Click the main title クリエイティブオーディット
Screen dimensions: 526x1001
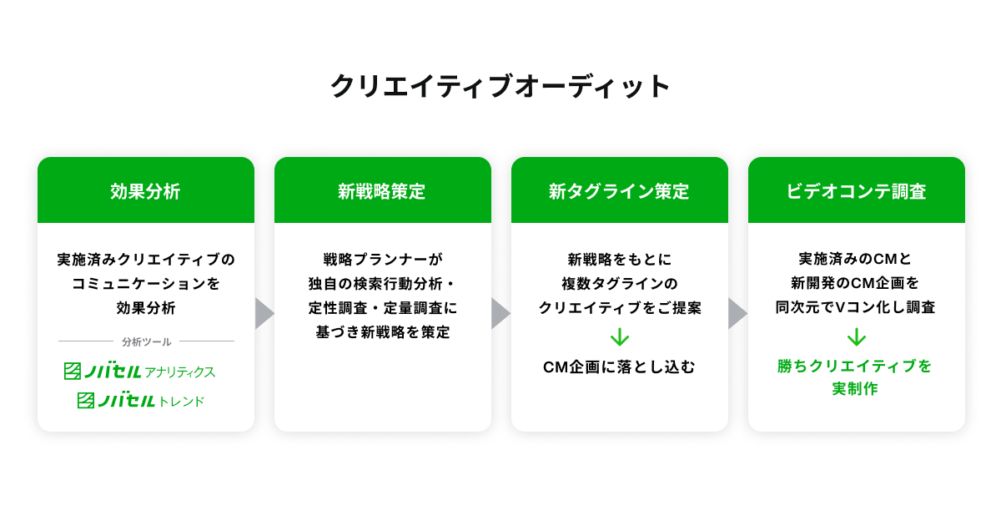tap(500, 87)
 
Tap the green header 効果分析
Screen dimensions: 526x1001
tap(145, 191)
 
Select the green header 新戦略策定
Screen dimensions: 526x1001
tap(382, 191)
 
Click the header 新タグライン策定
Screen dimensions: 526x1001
tap(619, 191)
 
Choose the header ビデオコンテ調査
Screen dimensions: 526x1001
tap(856, 191)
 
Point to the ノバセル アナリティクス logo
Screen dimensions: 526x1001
tap(140, 372)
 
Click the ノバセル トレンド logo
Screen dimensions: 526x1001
tap(141, 401)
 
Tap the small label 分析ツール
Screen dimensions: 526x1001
tap(146, 341)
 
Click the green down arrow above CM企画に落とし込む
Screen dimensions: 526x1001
tap(619, 337)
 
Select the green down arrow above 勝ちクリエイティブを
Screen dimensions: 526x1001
tap(856, 337)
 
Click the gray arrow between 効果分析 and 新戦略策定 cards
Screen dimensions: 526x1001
tap(264, 313)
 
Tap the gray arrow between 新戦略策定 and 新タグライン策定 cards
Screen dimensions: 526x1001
tap(500, 313)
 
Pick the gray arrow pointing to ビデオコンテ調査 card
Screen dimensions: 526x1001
tap(737, 313)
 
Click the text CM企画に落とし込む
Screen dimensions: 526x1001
tap(619, 367)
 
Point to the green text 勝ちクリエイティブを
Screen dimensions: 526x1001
tap(855, 367)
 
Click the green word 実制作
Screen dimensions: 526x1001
tap(855, 389)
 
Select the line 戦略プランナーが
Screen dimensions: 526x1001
tap(382, 260)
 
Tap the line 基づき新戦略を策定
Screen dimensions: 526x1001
tap(382, 332)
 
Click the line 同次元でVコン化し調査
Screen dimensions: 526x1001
tap(855, 307)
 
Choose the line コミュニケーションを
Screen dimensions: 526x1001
tap(146, 284)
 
